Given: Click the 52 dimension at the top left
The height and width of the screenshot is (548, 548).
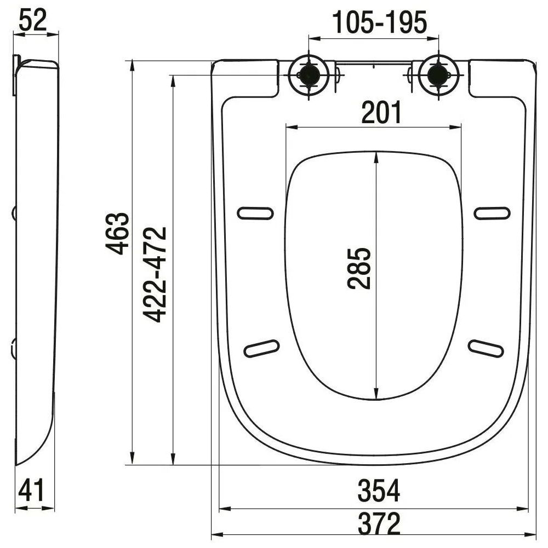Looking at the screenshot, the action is coord(32,21).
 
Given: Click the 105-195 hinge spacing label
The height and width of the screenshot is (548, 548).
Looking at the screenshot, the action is coord(380,22).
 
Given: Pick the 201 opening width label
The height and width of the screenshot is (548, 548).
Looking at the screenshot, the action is coord(381,113).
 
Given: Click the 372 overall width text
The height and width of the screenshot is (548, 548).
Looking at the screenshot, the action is coord(379,523).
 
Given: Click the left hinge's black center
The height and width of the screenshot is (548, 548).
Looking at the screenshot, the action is coord(309,74).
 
